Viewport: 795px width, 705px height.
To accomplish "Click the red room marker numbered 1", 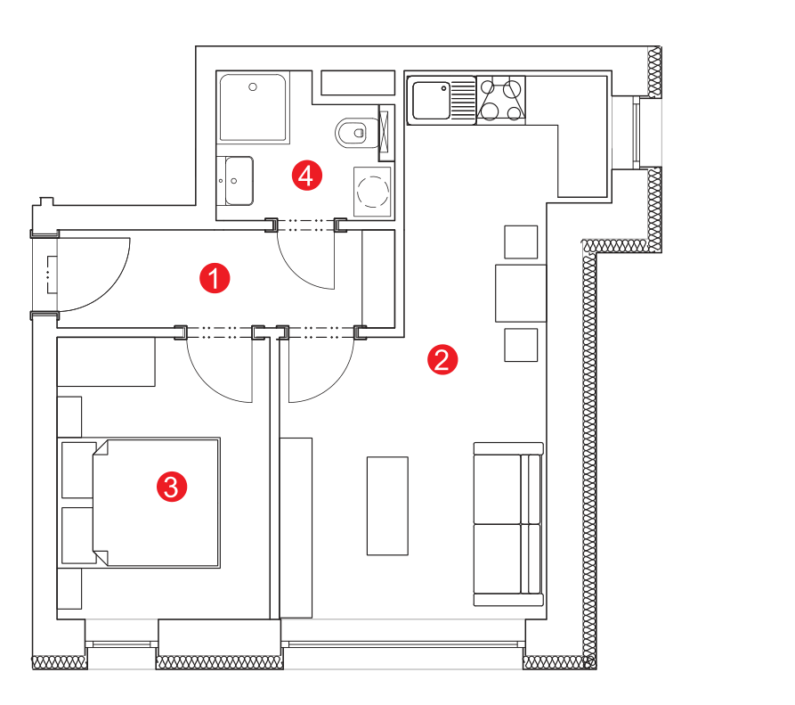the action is point(215,278).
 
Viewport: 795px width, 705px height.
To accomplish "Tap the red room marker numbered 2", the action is point(442,360).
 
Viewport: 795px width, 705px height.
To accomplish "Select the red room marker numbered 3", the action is point(171,487).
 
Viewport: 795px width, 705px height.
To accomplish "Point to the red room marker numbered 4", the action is point(307,176).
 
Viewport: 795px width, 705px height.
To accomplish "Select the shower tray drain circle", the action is point(253,86).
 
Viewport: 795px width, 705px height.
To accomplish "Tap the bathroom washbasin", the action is point(239,181).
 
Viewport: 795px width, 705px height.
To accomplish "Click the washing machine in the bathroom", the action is point(373,192).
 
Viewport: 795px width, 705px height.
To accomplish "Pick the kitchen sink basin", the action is point(431,100).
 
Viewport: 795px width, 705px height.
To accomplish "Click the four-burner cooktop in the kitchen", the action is point(501,100).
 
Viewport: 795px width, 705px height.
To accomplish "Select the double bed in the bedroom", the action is point(139,503).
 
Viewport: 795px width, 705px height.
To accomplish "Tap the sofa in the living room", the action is point(508,524).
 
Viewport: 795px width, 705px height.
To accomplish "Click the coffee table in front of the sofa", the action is point(387,505).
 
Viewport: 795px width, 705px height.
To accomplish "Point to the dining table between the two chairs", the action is point(521,293).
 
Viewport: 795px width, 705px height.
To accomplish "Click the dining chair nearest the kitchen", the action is point(521,242).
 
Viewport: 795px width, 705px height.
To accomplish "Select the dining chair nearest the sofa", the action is point(521,345).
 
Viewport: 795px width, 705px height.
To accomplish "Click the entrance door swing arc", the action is point(110,291).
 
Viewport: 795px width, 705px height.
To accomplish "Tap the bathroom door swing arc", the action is point(296,272).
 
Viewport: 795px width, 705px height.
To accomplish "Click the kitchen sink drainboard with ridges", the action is point(462,100).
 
